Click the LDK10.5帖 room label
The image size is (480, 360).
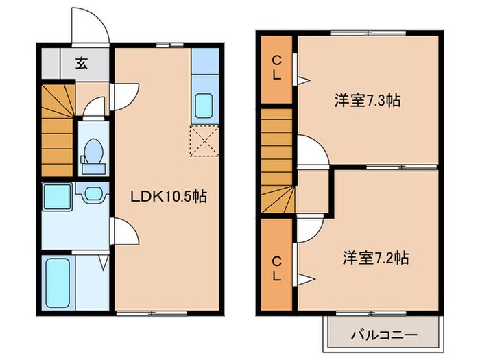(x=169, y=196)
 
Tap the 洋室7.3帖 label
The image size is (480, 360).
(x=367, y=100)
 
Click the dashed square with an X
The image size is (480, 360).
(x=204, y=141)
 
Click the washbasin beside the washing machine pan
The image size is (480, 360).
(x=93, y=193)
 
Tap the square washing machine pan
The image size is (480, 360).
(x=57, y=197)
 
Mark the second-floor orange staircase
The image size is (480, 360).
(x=277, y=161)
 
